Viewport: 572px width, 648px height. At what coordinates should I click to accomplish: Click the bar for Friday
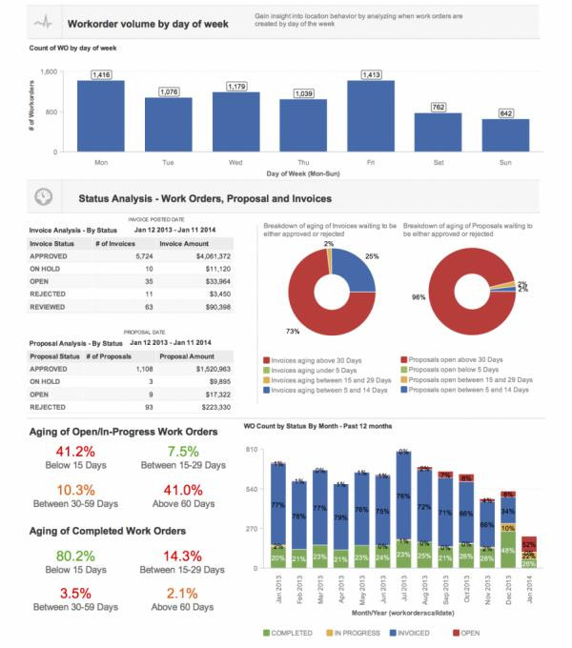(x=371, y=115)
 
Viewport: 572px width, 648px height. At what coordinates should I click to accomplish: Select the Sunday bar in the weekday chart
(x=505, y=134)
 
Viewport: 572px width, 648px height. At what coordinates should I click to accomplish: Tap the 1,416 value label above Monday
(x=101, y=73)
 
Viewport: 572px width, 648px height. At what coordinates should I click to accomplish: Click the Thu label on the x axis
(x=303, y=162)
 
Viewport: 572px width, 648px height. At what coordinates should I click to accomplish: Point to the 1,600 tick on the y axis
(x=51, y=71)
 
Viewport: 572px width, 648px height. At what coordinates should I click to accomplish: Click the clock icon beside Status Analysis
(x=43, y=197)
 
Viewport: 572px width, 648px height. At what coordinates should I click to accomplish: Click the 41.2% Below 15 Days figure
(x=76, y=451)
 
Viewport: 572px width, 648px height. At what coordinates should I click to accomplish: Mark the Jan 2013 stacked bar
(x=278, y=515)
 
